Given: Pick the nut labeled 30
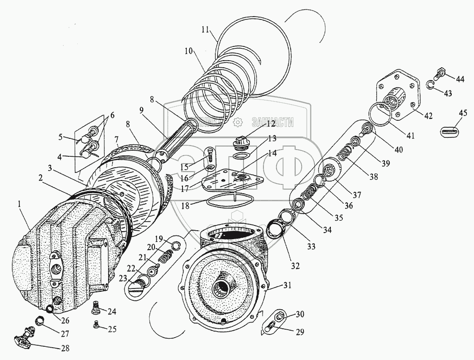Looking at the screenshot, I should (278, 315).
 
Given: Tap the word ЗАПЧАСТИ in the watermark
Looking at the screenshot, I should (274, 122).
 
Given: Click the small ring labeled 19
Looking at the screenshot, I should (174, 244).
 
